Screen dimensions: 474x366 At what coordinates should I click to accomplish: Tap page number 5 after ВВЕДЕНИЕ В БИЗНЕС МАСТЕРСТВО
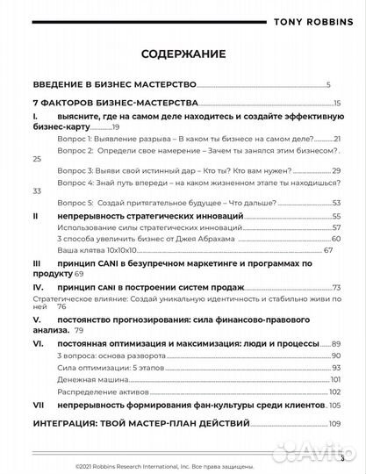pos(327,85)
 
